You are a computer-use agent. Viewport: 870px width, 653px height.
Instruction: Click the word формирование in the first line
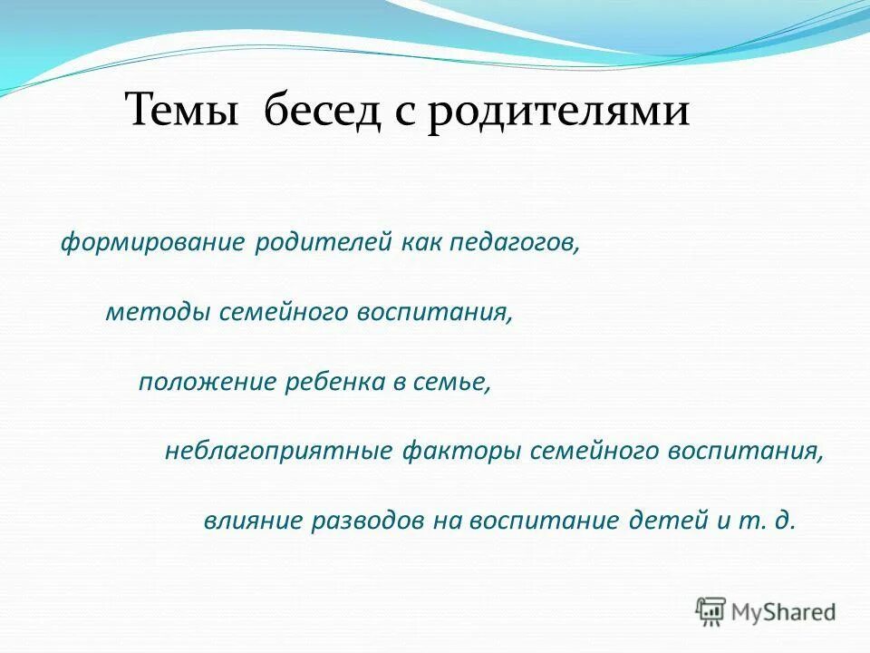(152, 244)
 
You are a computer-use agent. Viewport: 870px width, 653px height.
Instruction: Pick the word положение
(206, 382)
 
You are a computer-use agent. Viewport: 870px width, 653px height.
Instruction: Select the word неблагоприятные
(278, 451)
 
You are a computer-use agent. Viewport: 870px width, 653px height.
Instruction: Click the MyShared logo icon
(711, 612)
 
